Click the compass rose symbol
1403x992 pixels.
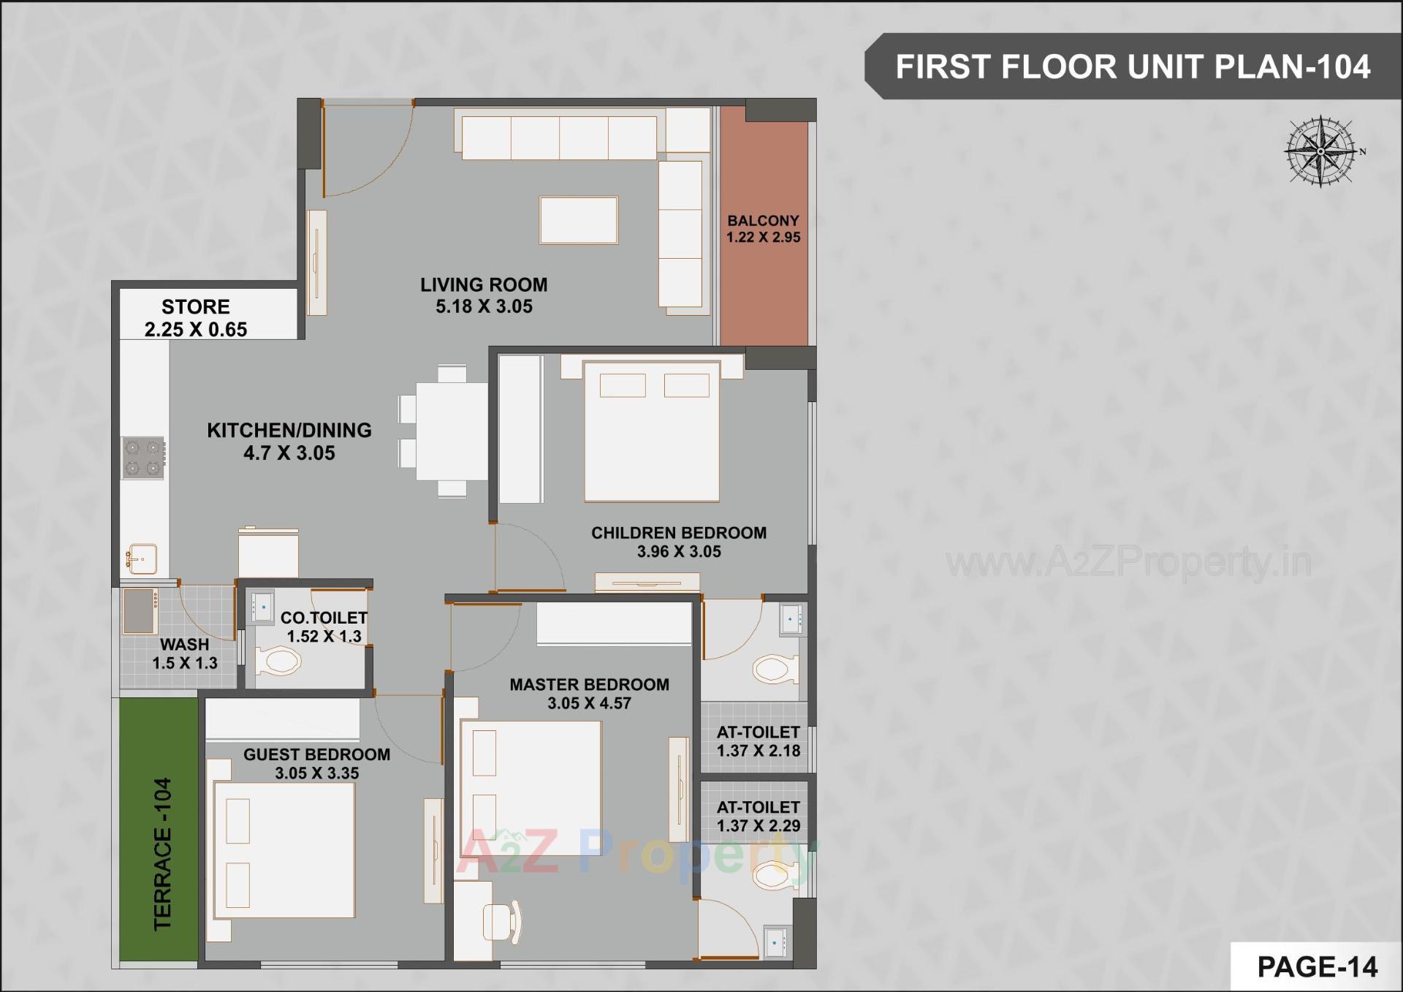coord(1321,151)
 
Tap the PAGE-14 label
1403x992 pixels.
coord(1317,966)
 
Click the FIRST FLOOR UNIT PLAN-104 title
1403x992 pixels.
coord(1133,67)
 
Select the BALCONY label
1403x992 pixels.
coord(763,221)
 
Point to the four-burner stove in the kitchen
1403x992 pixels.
coord(143,458)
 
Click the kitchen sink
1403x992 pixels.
coord(142,559)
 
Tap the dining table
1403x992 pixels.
coord(451,431)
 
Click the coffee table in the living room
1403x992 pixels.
coord(579,220)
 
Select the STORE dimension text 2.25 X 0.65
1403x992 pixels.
coord(196,330)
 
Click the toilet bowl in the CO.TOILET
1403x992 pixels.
coord(278,662)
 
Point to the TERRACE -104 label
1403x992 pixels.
coord(162,853)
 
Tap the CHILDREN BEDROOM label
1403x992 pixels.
coord(679,533)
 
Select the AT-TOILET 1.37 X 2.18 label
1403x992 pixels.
coord(758,741)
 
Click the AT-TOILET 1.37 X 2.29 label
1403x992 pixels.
coord(758,817)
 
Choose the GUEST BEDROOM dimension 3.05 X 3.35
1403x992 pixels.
coord(316,773)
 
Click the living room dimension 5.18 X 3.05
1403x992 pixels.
coord(484,307)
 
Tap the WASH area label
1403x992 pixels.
coord(185,645)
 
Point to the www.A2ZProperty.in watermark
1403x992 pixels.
coord(1128,563)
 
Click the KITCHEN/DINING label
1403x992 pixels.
coord(289,431)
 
